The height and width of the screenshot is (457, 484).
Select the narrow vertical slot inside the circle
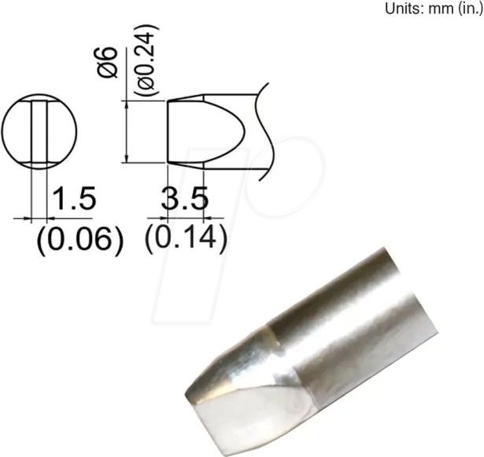[x=39, y=132]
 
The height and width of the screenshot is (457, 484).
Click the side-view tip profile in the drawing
[x=212, y=132]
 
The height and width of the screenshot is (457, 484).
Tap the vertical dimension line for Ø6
[x=127, y=132]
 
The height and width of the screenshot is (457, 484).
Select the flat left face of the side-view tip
[x=168, y=132]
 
